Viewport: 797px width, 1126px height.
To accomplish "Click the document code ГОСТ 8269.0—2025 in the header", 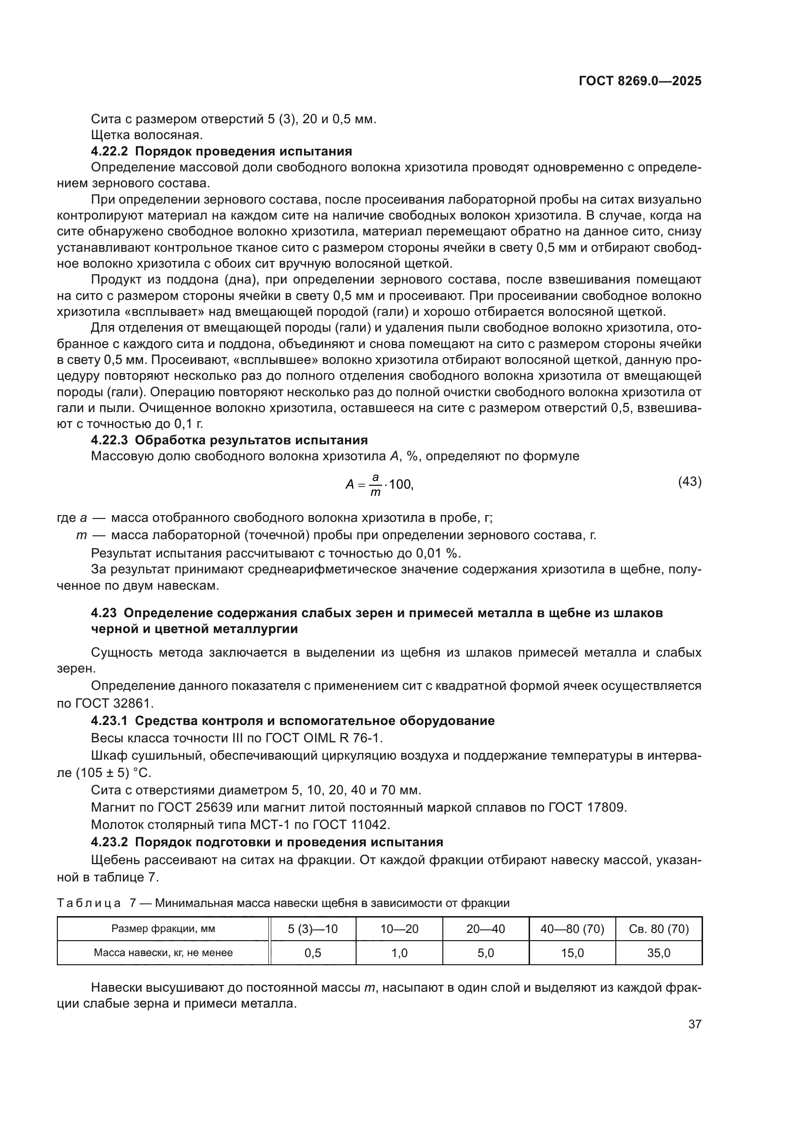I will click(x=639, y=81).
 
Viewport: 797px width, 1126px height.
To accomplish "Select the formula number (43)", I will click(x=690, y=481).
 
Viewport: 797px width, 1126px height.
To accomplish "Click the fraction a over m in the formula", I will click(x=375, y=485).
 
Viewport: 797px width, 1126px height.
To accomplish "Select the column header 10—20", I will click(x=399, y=929).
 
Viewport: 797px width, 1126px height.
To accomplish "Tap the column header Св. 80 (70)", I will click(x=659, y=929).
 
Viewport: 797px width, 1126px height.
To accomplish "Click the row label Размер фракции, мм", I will click(x=163, y=929).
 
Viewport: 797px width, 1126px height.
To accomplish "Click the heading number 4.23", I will click(x=104, y=613).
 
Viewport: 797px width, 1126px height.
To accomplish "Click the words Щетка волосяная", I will click(x=147, y=135).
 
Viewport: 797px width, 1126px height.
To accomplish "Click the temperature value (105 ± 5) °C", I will click(x=113, y=773).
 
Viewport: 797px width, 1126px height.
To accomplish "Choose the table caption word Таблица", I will click(x=89, y=903).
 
